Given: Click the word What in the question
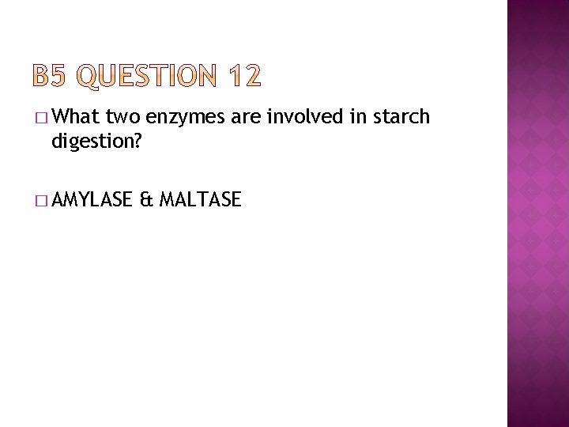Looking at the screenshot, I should tap(76, 118).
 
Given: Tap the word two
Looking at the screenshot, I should tap(122, 118).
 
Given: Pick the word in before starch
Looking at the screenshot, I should tap(346, 118).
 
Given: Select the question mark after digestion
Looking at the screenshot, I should tap(138, 142).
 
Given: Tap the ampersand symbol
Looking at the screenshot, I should tap(145, 200).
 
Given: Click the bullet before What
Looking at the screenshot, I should tap(41, 119).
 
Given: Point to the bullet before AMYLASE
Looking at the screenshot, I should tap(41, 201).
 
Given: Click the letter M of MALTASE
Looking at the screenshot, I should tap(167, 200).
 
